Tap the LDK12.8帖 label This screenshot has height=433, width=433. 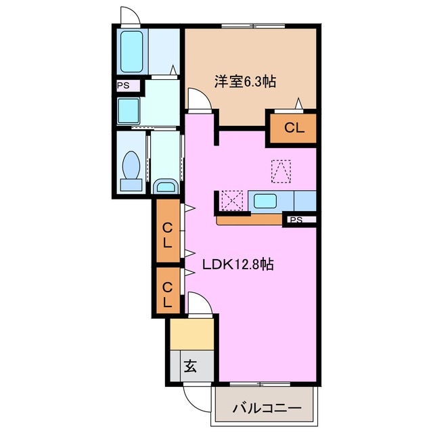239,265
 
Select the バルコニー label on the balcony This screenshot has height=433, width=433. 266,408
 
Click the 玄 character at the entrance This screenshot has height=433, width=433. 190,367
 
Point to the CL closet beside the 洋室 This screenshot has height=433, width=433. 293,127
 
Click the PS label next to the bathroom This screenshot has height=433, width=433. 124,86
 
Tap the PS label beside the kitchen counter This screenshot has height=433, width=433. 297,220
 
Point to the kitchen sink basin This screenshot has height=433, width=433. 265,202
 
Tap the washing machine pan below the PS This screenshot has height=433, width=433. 129,110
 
